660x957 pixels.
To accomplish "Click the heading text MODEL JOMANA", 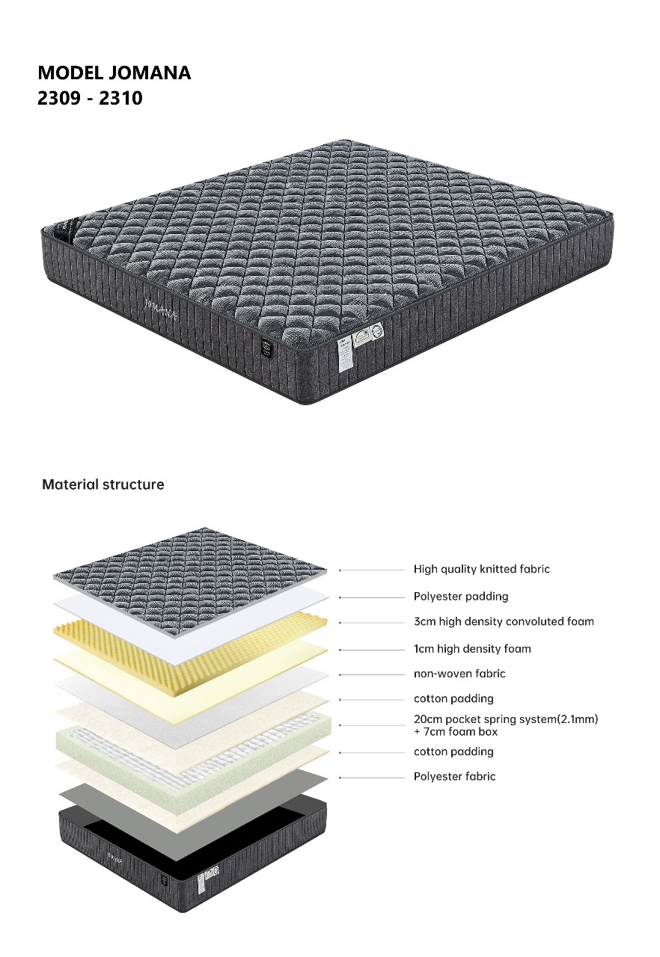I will [x=114, y=73].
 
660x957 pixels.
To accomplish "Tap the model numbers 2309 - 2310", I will [x=90, y=97].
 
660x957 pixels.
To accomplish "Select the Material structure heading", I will [x=103, y=484].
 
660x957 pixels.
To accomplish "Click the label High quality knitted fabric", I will [x=481, y=569].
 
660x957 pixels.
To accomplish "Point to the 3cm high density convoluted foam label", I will [x=504, y=621].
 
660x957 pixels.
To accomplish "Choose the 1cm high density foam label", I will [x=472, y=649].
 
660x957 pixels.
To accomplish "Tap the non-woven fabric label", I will [x=459, y=674].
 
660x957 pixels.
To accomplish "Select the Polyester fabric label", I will [x=454, y=777].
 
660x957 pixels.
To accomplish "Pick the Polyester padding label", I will [x=461, y=597].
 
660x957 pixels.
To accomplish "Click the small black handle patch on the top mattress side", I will [x=266, y=348].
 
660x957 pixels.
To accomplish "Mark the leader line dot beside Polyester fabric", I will [x=340, y=778].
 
